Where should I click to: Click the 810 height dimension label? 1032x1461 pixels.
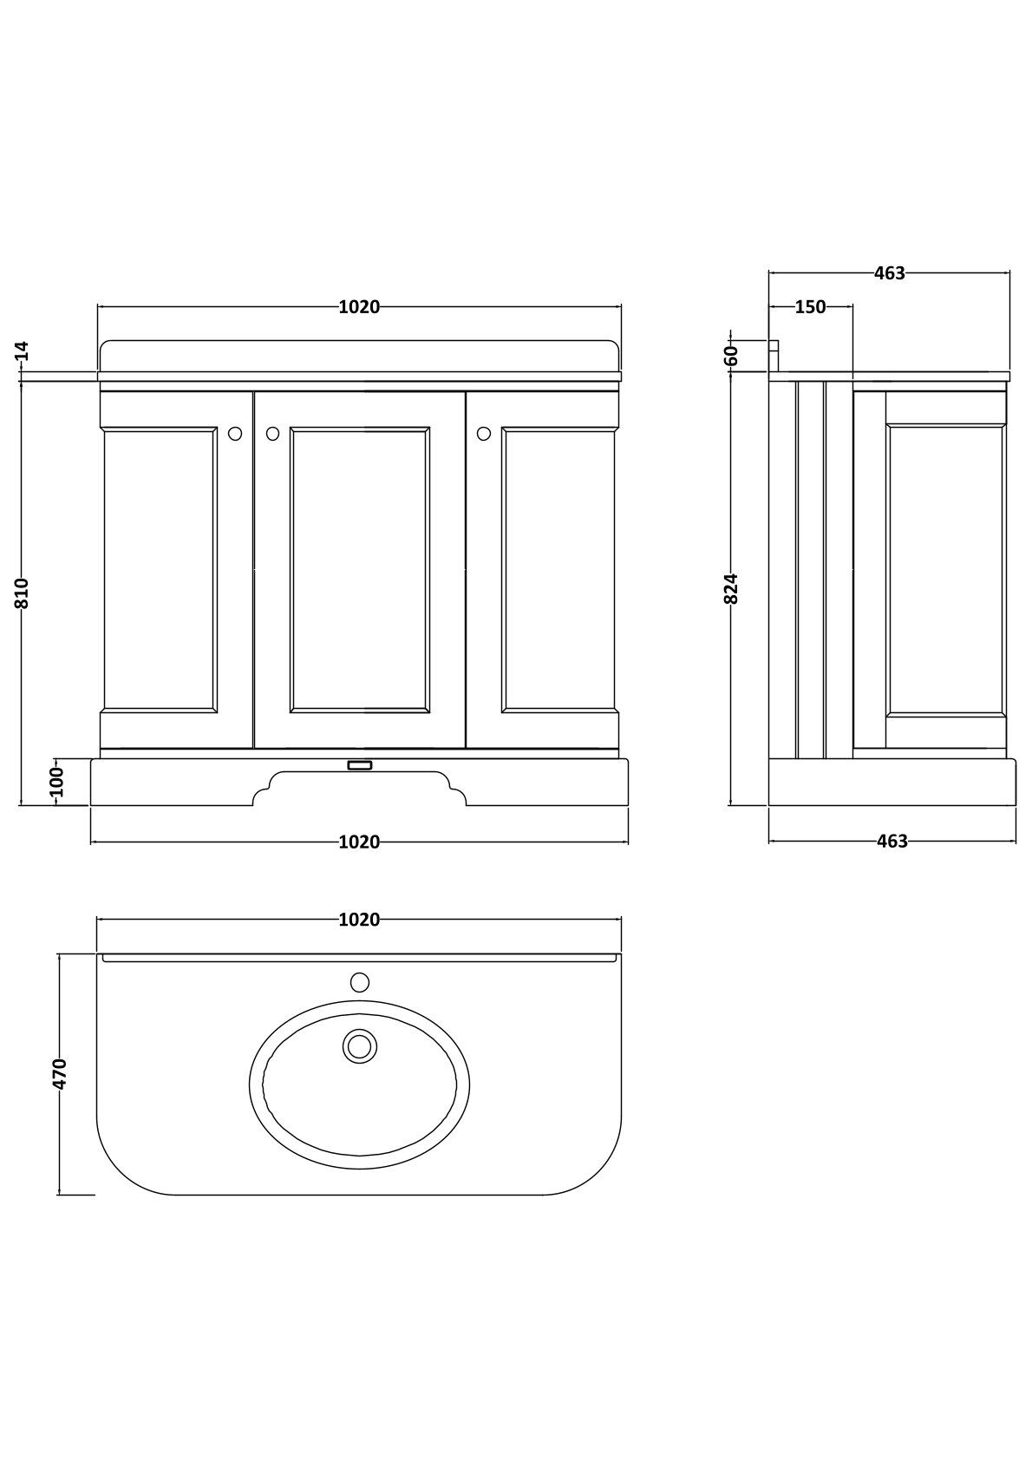pyautogui.click(x=23, y=593)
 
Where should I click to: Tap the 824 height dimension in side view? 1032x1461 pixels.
pyautogui.click(x=731, y=588)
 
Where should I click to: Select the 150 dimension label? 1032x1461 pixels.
pyautogui.click(x=810, y=307)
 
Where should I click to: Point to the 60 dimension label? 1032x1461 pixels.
pyautogui.click(x=731, y=355)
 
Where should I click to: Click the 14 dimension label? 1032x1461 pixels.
pyautogui.click(x=23, y=351)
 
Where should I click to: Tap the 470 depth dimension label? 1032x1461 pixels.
pyautogui.click(x=59, y=1073)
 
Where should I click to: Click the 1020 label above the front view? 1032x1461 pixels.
pyautogui.click(x=359, y=307)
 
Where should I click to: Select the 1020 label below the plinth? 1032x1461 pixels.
pyautogui.click(x=359, y=842)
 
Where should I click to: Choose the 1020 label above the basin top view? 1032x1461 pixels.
pyautogui.click(x=359, y=920)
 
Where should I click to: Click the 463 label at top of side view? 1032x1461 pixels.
pyautogui.click(x=890, y=273)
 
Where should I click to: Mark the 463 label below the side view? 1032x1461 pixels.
pyautogui.click(x=892, y=842)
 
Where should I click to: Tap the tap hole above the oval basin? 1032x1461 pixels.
pyautogui.click(x=359, y=982)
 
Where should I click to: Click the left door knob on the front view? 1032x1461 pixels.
pyautogui.click(x=235, y=433)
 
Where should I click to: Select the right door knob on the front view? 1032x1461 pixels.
pyautogui.click(x=484, y=433)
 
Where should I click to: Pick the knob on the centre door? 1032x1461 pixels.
pyautogui.click(x=272, y=433)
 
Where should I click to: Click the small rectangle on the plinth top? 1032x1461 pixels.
pyautogui.click(x=359, y=765)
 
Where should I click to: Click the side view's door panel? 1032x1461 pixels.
pyautogui.click(x=945, y=569)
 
